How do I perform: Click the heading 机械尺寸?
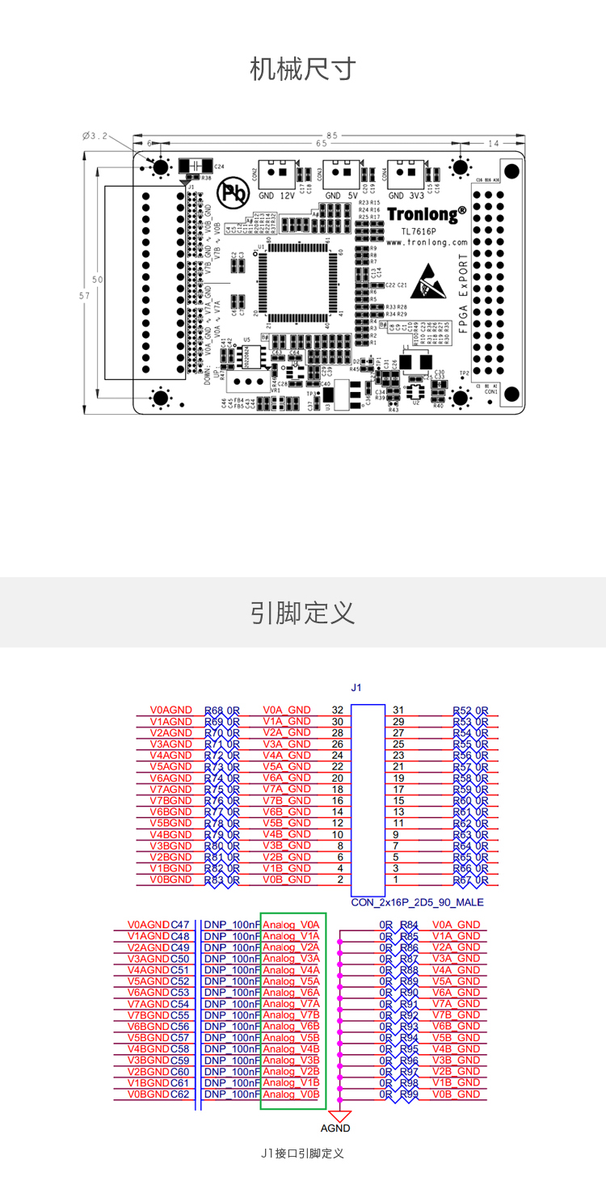302,70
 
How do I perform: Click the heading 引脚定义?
302,613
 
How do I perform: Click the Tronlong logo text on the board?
427,214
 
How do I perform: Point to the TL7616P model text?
426,230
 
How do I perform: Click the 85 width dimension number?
332,135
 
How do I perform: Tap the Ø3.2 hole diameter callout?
95,135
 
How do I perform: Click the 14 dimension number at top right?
494,143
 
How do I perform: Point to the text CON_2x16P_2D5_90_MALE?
417,901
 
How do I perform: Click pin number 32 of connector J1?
338,710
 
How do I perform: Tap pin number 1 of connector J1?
396,879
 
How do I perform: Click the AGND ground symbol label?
335,1128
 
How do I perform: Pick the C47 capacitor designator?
180,925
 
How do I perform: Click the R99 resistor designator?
410,1095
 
